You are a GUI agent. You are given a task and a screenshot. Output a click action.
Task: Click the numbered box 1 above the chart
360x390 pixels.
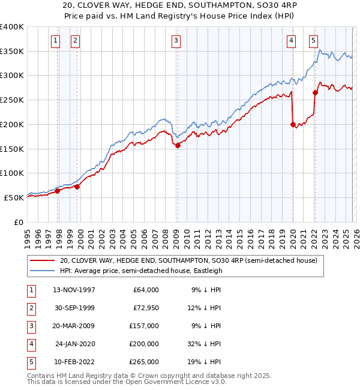pyautogui.click(x=55, y=41)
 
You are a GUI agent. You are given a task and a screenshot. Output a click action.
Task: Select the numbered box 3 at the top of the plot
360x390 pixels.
pyautogui.click(x=176, y=41)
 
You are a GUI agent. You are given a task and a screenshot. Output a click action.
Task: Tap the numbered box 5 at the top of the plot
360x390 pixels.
pyautogui.click(x=313, y=41)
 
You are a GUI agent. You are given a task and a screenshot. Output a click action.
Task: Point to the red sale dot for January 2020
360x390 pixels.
pyautogui.click(x=293, y=125)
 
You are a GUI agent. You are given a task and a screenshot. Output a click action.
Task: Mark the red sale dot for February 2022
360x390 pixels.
pyautogui.click(x=315, y=92)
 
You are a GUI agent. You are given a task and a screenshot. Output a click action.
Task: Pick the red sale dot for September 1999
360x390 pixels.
pyautogui.click(x=77, y=187)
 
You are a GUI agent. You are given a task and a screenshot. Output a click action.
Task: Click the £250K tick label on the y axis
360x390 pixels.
pyautogui.click(x=12, y=100)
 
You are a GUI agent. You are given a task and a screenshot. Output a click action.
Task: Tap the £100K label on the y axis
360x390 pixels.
pyautogui.click(x=12, y=173)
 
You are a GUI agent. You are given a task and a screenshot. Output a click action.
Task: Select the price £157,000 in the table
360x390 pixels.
pyautogui.click(x=145, y=326)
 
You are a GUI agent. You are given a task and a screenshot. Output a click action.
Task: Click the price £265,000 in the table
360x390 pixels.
pyautogui.click(x=145, y=362)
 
